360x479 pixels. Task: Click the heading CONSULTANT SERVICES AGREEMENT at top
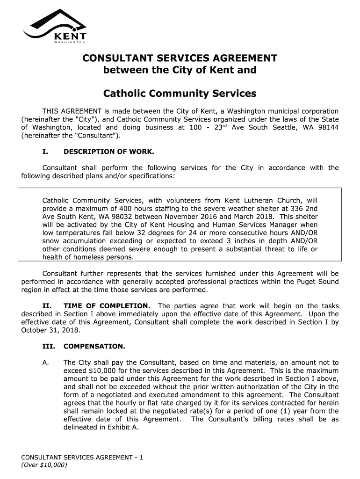click(180, 58)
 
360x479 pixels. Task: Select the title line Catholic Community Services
click(180, 94)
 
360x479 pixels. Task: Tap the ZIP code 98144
click(328, 128)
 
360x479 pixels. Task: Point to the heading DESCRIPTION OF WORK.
click(108, 152)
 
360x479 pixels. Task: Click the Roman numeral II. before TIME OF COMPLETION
click(46, 306)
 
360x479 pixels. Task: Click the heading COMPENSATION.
click(94, 347)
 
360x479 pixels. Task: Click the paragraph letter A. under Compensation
click(45, 363)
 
